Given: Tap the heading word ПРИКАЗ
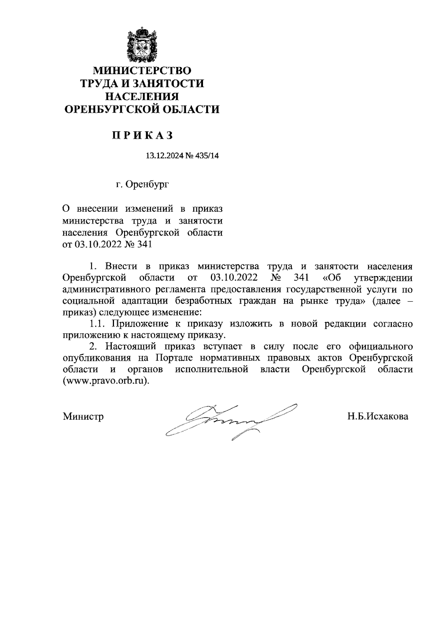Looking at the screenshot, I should [143, 136].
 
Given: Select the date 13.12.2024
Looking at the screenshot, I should [163, 156].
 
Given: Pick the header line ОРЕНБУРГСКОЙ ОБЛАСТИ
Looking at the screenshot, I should [142, 109].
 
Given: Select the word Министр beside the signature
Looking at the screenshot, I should [83, 416].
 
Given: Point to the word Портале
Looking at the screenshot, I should [174, 358].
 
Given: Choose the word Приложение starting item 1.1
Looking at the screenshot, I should [139, 324].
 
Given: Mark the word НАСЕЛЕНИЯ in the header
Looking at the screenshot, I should [142, 97].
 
